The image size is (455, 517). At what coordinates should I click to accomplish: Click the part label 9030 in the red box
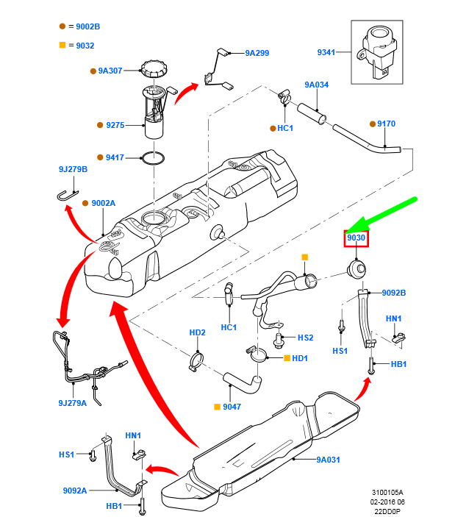pos(356,239)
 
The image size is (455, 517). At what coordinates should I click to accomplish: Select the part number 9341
pos(326,52)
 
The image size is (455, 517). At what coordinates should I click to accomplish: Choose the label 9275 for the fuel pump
pos(115,126)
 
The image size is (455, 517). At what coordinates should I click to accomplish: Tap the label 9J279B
pos(73,170)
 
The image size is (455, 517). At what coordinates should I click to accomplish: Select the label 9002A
pos(104,203)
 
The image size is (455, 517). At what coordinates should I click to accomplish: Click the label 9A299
pos(257,53)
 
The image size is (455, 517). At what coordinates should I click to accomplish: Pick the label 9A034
pos(317,85)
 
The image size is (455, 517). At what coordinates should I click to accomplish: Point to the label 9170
pos(386,124)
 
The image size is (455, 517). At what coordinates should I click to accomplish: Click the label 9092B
pos(394,293)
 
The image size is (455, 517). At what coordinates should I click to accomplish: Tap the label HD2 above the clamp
pos(197,332)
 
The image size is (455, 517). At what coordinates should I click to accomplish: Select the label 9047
pos(232,407)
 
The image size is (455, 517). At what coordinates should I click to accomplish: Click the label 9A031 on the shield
pos(328,460)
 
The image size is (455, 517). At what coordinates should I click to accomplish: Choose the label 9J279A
pos(73,403)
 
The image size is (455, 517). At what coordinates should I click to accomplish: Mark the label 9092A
pos(75,491)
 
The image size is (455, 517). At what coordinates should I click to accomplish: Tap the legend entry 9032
pos(85,46)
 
